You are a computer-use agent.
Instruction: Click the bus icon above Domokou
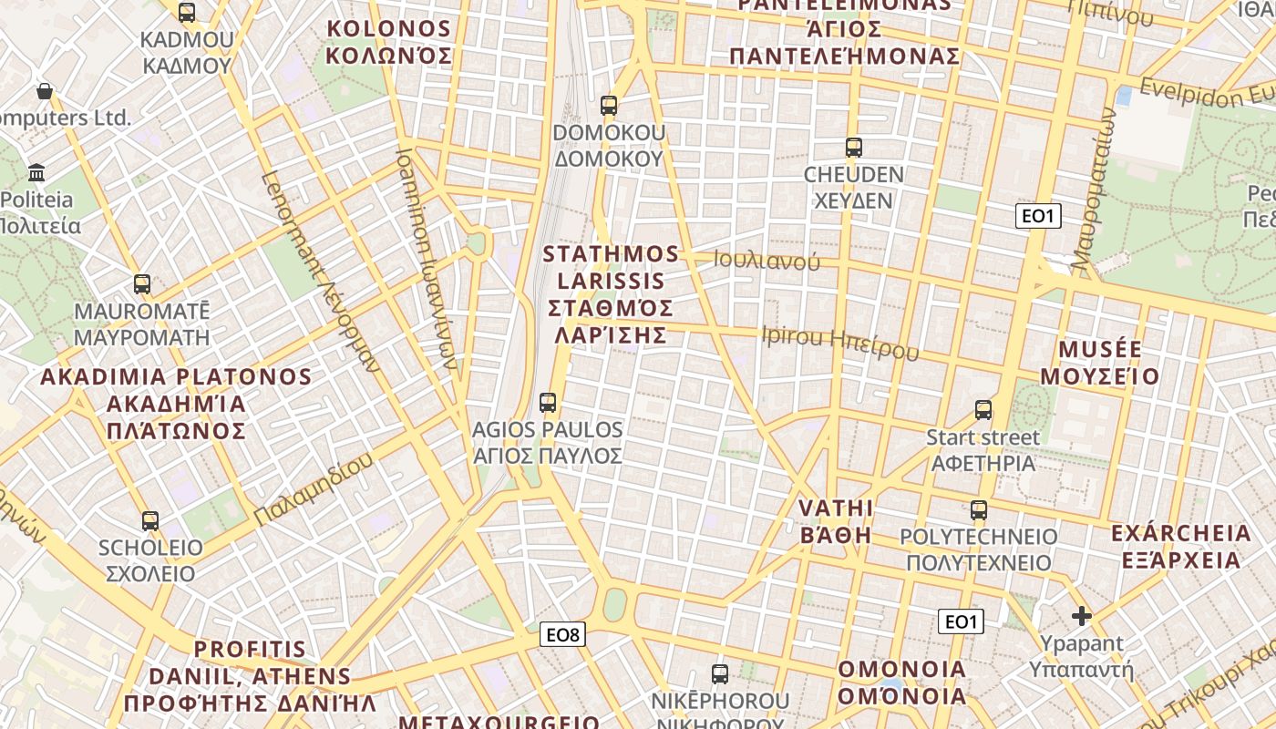click(609, 106)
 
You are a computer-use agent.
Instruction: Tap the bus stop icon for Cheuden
click(854, 147)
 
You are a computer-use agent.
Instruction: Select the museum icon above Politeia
click(37, 171)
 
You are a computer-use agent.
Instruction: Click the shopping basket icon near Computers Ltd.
click(44, 91)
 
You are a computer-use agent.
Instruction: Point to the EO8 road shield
click(562, 635)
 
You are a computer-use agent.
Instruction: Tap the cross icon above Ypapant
click(1082, 616)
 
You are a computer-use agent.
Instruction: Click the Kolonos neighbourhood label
click(389, 42)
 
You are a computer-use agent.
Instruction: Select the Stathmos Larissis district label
click(612, 294)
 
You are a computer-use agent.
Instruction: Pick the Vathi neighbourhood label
click(836, 521)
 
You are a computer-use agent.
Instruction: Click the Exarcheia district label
click(1181, 546)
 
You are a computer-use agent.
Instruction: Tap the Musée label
click(1100, 363)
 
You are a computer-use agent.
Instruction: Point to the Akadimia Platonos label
click(176, 403)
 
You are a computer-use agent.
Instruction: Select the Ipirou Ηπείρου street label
click(839, 343)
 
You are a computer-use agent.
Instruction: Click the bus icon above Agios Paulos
click(548, 402)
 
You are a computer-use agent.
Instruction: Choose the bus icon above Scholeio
click(150, 521)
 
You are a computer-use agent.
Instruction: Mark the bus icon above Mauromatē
click(141, 283)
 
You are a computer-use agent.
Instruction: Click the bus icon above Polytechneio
click(979, 510)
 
